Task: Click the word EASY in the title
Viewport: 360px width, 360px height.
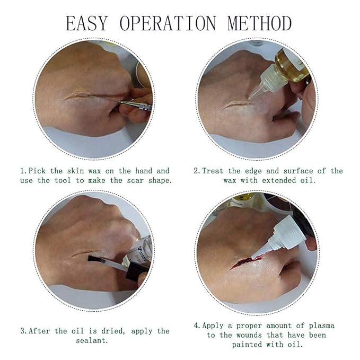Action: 87,23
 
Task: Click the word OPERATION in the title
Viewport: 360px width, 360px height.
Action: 168,23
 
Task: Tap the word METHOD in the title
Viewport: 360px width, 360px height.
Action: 260,23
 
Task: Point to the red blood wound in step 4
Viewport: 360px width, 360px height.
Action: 242,262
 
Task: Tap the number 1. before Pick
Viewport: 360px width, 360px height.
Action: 24,171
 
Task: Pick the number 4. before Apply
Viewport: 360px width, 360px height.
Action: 198,326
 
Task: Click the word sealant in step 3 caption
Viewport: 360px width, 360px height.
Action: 92,340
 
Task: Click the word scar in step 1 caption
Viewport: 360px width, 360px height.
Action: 136,181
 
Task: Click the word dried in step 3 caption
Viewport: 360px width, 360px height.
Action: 113,331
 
